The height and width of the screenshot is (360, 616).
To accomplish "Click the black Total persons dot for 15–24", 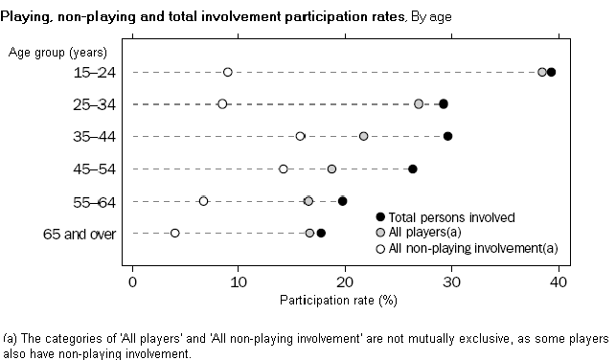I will tap(551, 72).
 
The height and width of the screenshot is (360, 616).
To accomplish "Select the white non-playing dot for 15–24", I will tap(227, 72).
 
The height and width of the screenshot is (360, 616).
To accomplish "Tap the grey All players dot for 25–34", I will tap(419, 103).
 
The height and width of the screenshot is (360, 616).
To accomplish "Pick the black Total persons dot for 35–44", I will tap(447, 136).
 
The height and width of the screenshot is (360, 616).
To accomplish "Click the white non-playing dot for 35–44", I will tap(300, 136).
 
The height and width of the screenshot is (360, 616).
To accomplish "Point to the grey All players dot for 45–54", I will tap(331, 169).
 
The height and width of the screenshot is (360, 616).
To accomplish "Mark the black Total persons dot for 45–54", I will tap(413, 169).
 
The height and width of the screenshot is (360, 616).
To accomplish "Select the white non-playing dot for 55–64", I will tap(203, 201).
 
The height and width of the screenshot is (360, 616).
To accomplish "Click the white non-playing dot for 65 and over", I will tap(174, 233).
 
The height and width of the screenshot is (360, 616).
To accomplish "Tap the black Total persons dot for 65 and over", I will tap(321, 233).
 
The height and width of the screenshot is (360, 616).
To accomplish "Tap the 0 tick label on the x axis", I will tap(132, 281).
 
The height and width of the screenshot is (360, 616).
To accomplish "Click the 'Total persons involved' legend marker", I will tap(380, 217).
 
